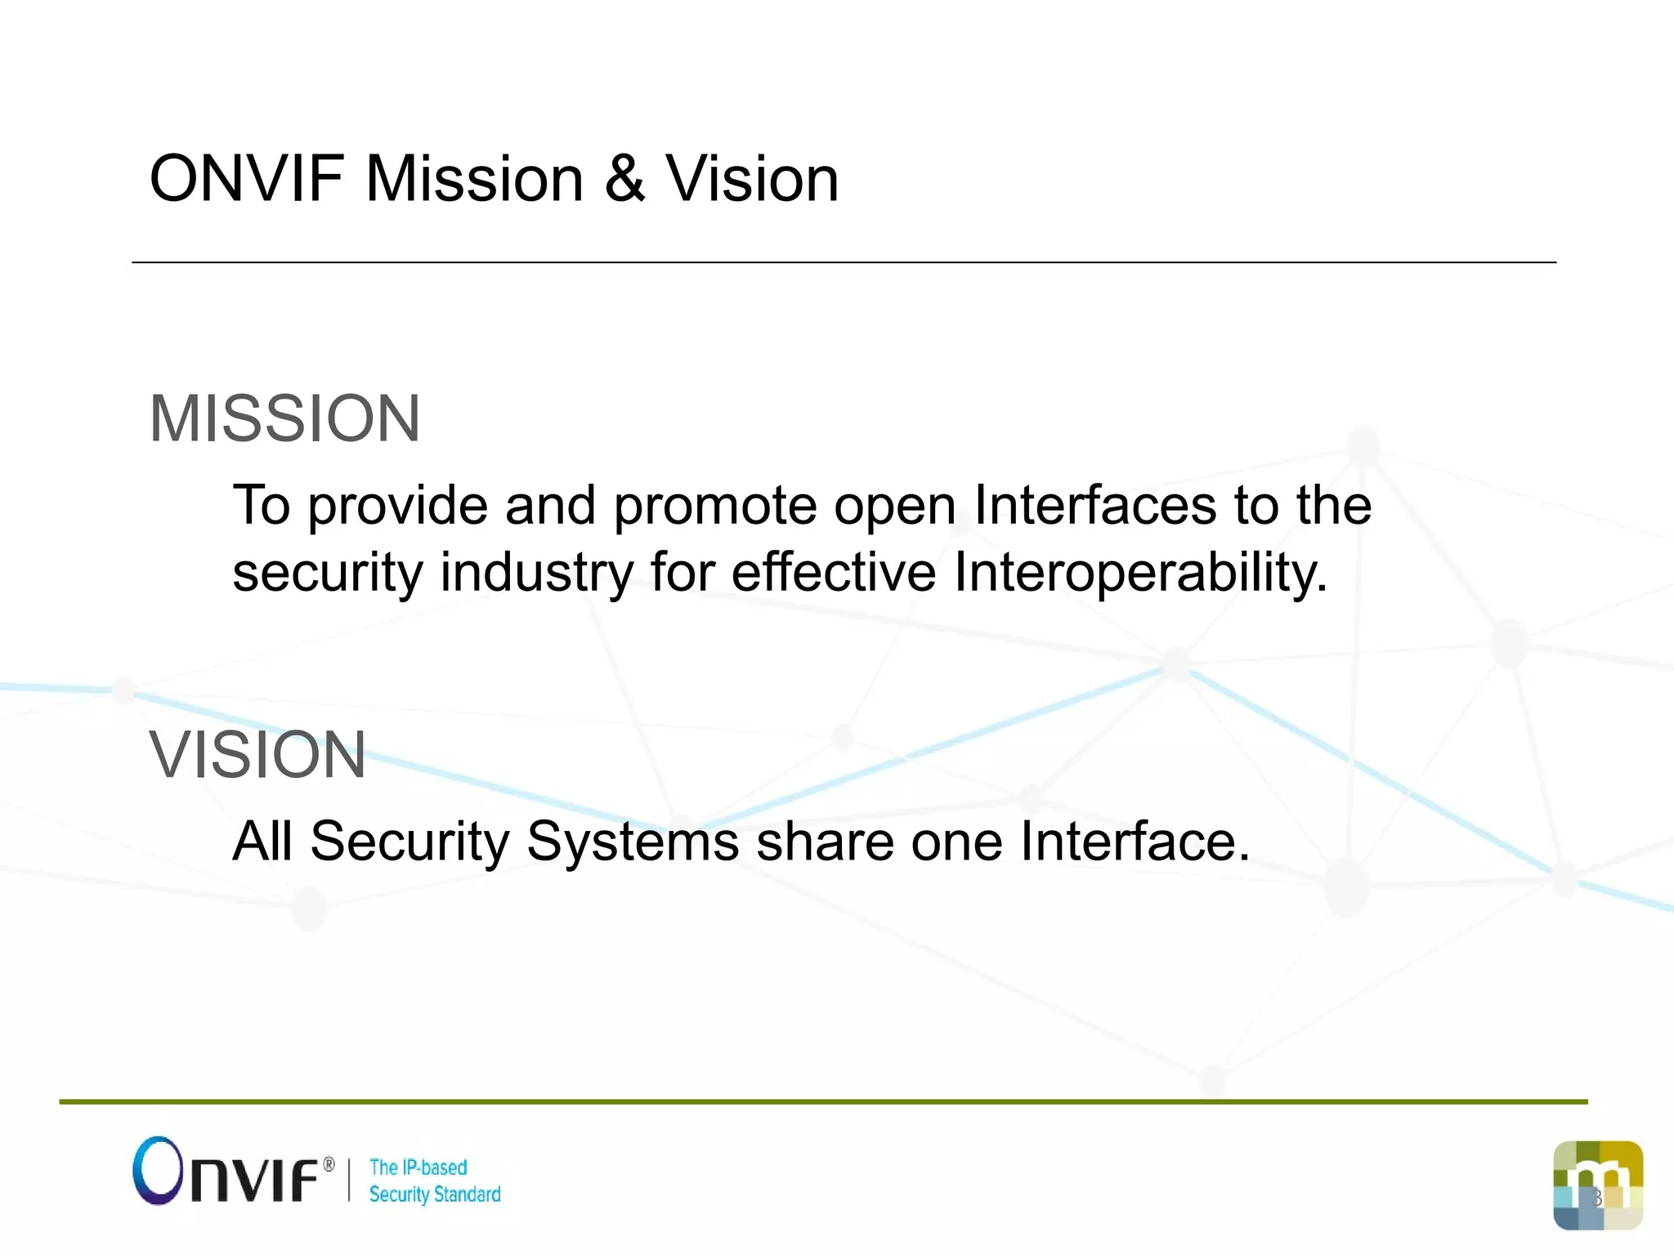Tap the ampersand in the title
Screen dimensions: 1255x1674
tap(625, 179)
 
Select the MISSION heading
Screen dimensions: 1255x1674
tap(284, 418)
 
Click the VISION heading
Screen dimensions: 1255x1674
tap(257, 755)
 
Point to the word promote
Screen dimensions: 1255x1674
tap(715, 506)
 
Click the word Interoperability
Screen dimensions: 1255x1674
tap(1140, 572)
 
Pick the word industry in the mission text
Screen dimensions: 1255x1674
tap(537, 572)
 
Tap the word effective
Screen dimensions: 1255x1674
tap(833, 572)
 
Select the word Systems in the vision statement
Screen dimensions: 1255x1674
tap(633, 842)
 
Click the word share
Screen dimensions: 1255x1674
tap(825, 842)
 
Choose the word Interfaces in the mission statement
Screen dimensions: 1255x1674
tap(1095, 506)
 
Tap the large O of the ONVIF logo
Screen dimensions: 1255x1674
tap(156, 1170)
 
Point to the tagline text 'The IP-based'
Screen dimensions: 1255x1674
tap(418, 1168)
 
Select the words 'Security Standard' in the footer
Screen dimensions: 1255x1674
tap(435, 1195)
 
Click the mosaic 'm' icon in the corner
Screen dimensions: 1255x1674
tap(1597, 1185)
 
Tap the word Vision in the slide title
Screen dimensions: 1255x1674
tap(752, 179)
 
